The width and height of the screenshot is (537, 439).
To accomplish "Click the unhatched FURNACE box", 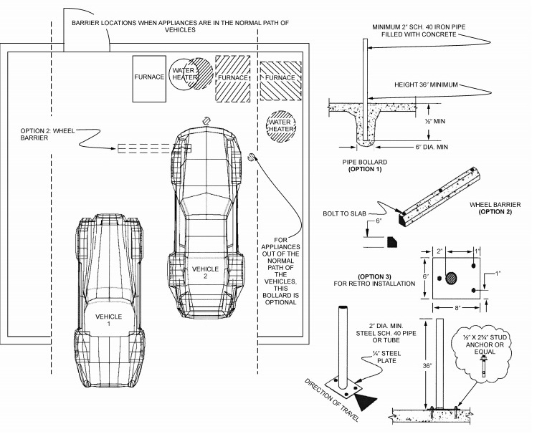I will tap(149, 77).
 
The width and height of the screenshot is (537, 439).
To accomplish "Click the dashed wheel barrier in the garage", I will tap(154, 149).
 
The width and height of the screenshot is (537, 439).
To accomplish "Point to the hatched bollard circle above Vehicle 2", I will tap(206, 122).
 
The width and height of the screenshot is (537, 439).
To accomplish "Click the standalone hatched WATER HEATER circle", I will tap(281, 127).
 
